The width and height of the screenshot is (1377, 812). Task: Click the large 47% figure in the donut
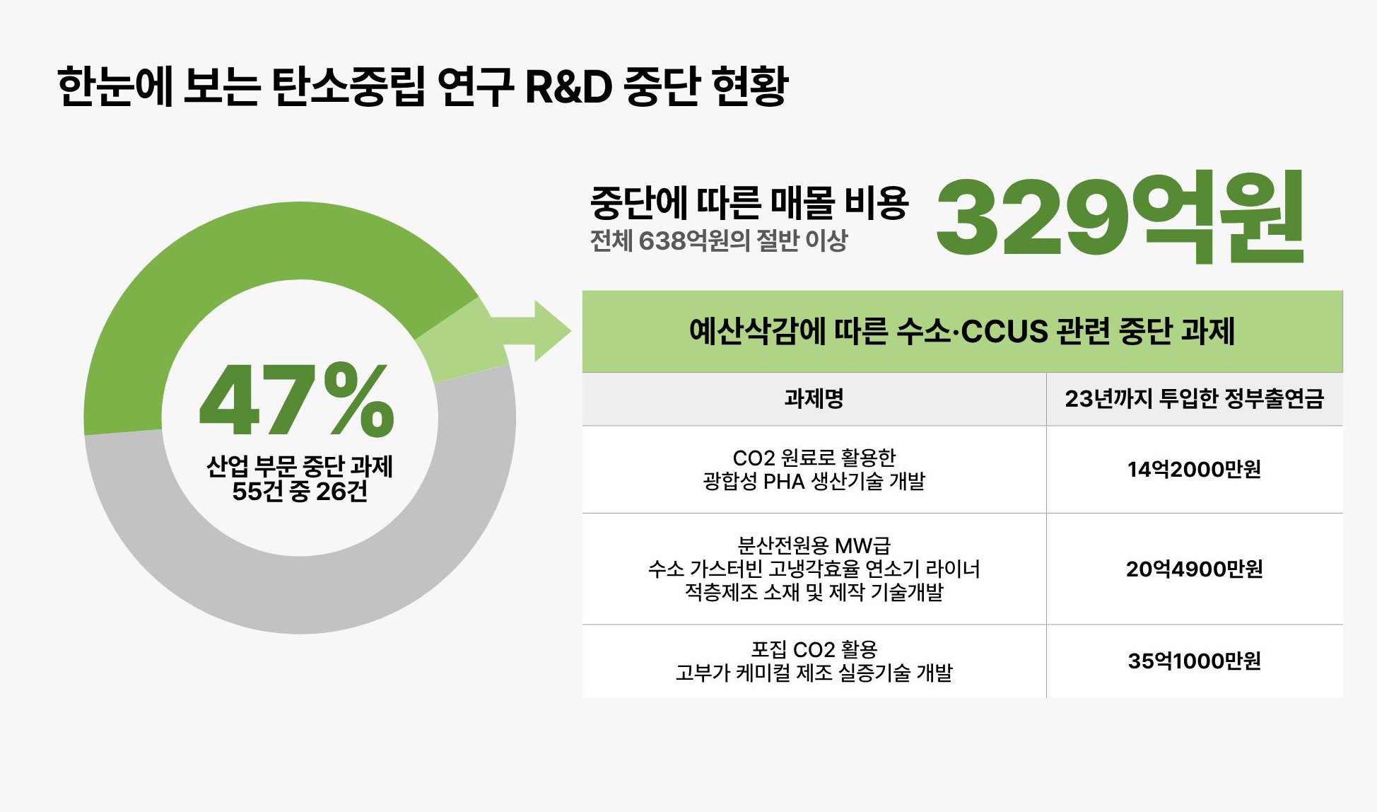297,400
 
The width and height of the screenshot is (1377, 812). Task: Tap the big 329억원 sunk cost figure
1120,216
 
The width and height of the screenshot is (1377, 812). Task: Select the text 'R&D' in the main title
568,87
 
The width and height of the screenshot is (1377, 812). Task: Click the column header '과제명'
814,399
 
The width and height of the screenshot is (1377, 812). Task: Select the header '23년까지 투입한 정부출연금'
1194,399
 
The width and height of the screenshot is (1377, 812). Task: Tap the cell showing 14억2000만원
1194,469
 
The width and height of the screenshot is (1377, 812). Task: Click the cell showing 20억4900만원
1194,569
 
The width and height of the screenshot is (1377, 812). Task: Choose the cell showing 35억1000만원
1194,661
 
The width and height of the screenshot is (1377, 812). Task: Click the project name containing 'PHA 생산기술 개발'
814,470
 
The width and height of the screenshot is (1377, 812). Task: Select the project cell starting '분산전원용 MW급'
814,569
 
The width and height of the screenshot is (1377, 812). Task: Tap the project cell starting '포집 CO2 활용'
814,661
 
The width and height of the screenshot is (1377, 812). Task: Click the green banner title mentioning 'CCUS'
962,331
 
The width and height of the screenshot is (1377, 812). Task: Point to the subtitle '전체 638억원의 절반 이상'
718,241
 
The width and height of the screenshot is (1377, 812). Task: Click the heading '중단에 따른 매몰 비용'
749,202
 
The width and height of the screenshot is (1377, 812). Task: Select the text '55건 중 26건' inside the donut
300,492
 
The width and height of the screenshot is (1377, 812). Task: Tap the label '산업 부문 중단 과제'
300,467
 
